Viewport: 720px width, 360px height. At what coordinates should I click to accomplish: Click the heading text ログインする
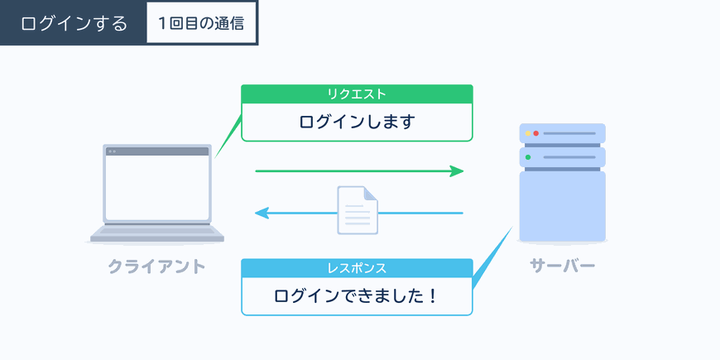[74, 23]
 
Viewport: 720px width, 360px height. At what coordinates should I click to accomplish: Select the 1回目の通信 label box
[201, 22]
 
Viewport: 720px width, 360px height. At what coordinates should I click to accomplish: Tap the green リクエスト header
[357, 94]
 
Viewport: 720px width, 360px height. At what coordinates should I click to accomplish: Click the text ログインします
[357, 122]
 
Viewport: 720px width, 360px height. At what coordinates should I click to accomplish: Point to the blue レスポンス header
[357, 268]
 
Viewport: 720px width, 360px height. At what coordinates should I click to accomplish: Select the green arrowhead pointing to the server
[457, 171]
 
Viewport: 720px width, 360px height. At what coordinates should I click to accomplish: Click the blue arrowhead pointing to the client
[262, 213]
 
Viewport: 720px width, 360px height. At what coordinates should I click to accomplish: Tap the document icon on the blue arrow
[358, 210]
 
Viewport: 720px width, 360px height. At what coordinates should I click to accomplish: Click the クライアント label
[156, 266]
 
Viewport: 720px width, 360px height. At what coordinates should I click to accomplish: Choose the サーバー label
[563, 266]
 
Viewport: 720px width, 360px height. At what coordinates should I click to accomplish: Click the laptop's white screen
[157, 188]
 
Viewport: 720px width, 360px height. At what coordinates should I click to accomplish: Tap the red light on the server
[536, 133]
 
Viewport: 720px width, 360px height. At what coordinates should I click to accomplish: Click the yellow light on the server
[528, 133]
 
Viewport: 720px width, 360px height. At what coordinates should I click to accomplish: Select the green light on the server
[528, 157]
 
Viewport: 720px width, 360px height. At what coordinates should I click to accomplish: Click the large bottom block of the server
[563, 206]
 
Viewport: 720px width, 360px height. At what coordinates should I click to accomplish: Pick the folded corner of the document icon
[371, 194]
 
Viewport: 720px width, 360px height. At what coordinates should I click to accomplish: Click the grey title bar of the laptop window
[157, 151]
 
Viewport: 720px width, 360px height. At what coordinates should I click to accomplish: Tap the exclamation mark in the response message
[431, 296]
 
